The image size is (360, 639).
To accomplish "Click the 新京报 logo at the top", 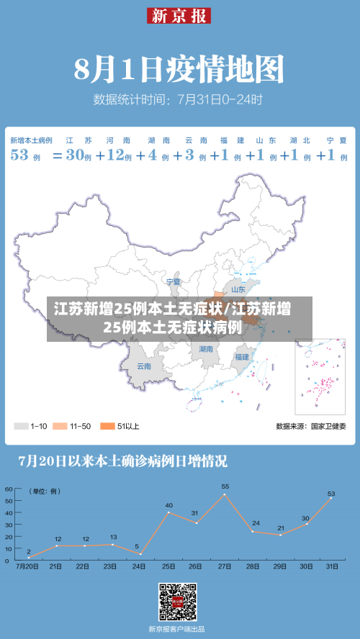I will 179,15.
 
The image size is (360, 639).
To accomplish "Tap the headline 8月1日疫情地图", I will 179,71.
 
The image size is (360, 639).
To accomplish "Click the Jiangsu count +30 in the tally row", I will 76,155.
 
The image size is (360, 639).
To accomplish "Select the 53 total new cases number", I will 19,155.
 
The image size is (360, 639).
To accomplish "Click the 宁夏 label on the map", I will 174,281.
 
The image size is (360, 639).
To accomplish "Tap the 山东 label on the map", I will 238,290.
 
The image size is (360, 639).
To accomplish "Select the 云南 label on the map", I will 144,366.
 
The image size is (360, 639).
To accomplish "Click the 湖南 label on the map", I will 206,348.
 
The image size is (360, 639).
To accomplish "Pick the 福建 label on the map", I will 241,356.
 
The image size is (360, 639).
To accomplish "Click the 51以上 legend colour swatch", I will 108,426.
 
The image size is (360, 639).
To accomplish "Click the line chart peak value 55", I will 225,487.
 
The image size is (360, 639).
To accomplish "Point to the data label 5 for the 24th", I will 137,546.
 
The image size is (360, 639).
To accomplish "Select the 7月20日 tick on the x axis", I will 27,567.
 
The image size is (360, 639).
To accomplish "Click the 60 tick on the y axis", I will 9,489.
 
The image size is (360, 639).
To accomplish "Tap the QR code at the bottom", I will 178,602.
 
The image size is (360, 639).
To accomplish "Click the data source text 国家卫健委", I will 328,427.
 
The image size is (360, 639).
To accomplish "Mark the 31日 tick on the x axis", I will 331,567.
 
